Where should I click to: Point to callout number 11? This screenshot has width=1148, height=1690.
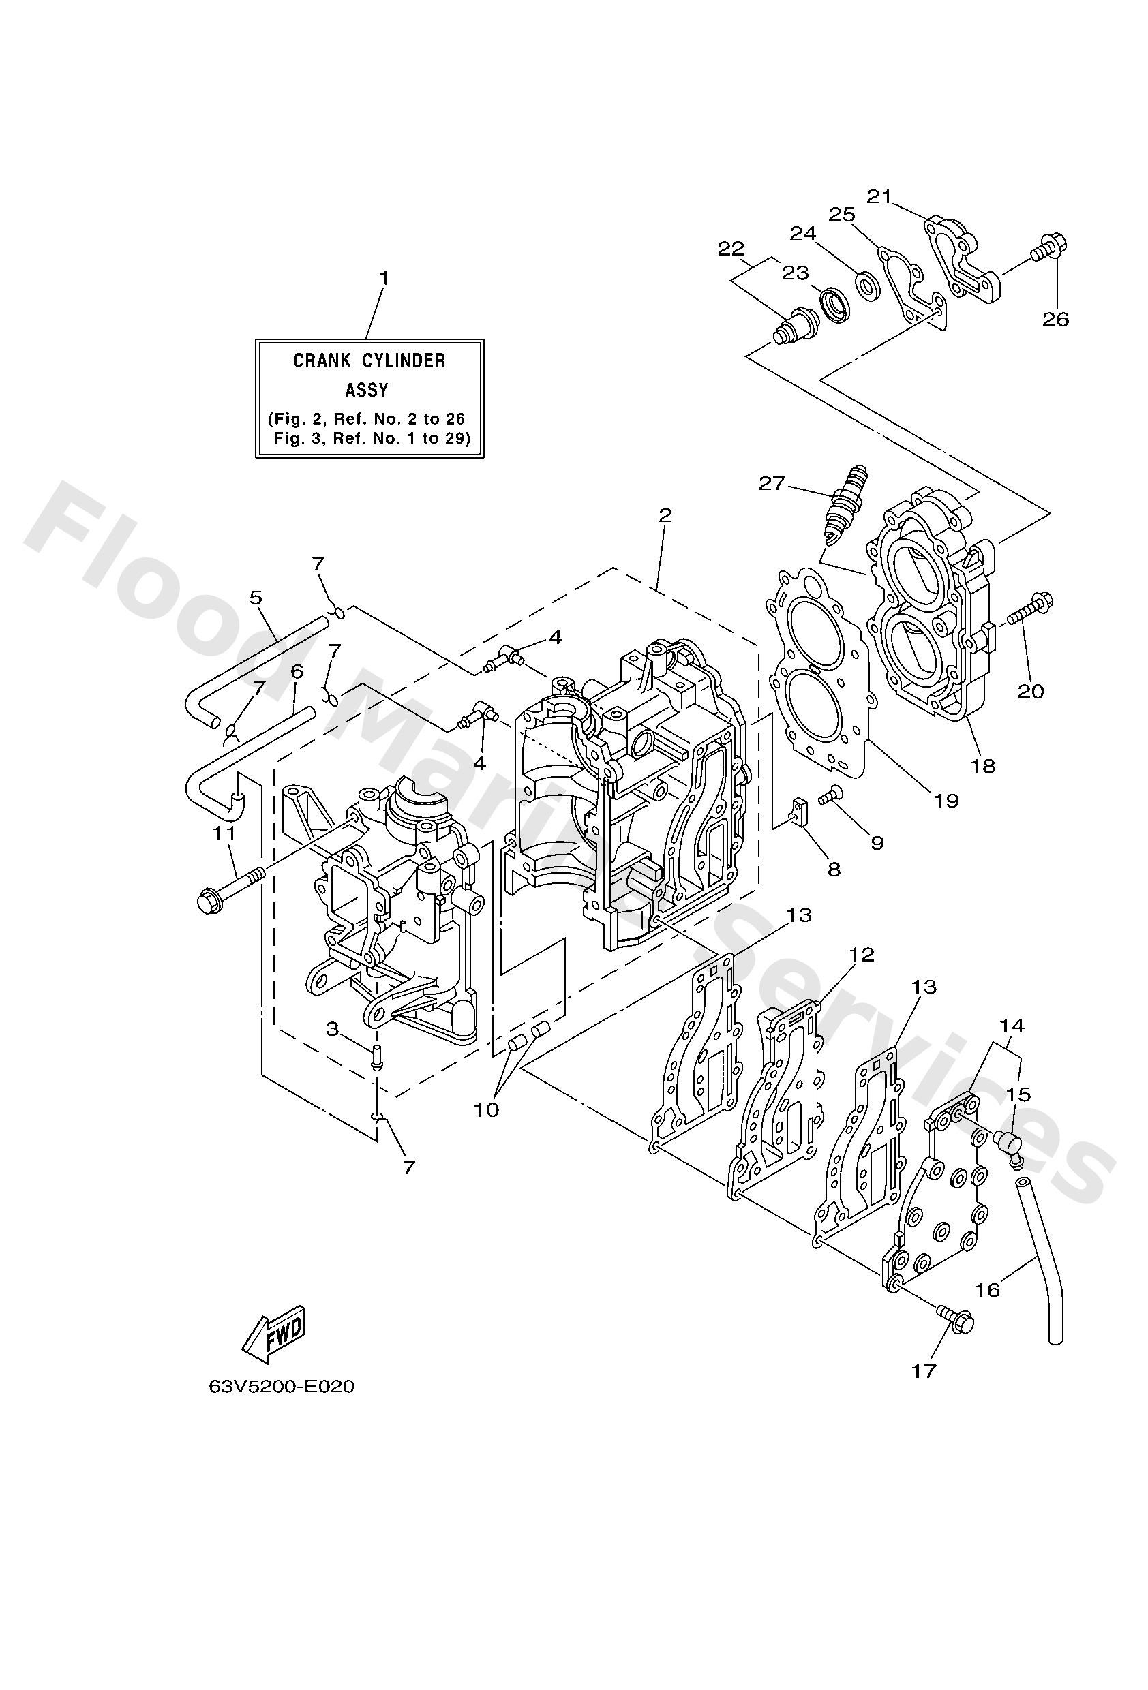click(224, 833)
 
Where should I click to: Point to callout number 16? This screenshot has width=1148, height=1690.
click(987, 1290)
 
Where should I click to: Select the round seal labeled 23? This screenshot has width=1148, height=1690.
click(834, 303)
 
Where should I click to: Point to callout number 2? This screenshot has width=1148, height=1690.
click(664, 516)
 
